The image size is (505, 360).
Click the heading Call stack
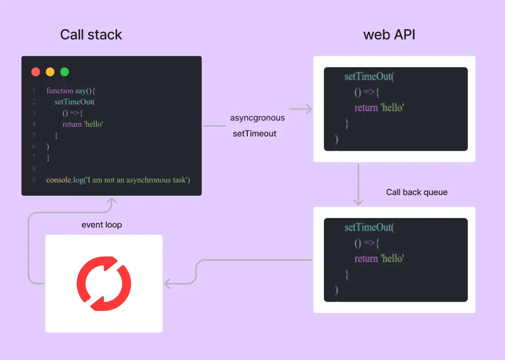[91, 35]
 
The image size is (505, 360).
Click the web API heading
[389, 35]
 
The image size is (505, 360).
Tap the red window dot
[35, 72]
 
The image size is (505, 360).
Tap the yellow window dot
[50, 72]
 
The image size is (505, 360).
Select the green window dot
[65, 72]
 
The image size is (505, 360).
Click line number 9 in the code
[34, 180]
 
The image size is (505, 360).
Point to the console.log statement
[118, 180]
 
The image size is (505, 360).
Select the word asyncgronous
[257, 118]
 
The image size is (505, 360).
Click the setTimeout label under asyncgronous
[255, 134]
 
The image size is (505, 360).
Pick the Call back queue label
[416, 192]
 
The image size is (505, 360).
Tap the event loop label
[102, 225]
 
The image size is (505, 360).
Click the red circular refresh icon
[104, 284]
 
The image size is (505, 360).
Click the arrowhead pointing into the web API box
[308, 109]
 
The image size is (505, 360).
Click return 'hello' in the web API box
[379, 108]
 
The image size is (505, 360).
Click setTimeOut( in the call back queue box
[369, 227]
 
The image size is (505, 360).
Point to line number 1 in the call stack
[34, 91]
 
